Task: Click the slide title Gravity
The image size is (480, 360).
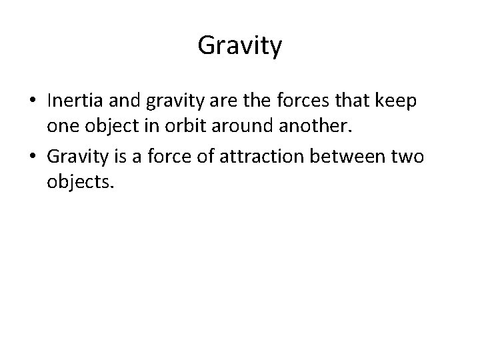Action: (240, 46)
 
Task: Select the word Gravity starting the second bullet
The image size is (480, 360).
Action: (76, 157)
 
